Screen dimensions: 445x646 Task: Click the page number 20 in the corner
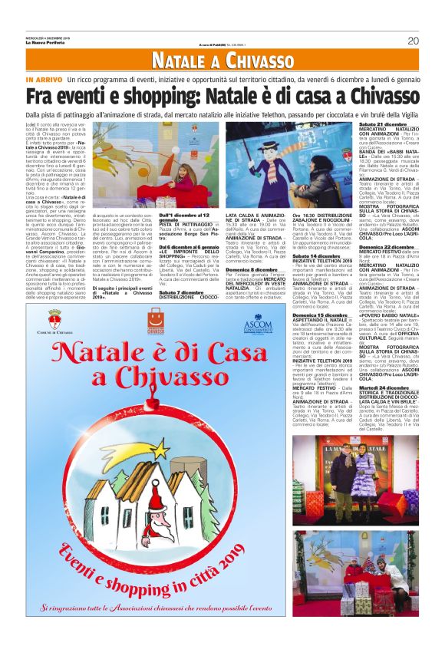tap(412, 41)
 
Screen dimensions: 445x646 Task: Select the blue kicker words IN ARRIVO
tap(64, 80)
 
